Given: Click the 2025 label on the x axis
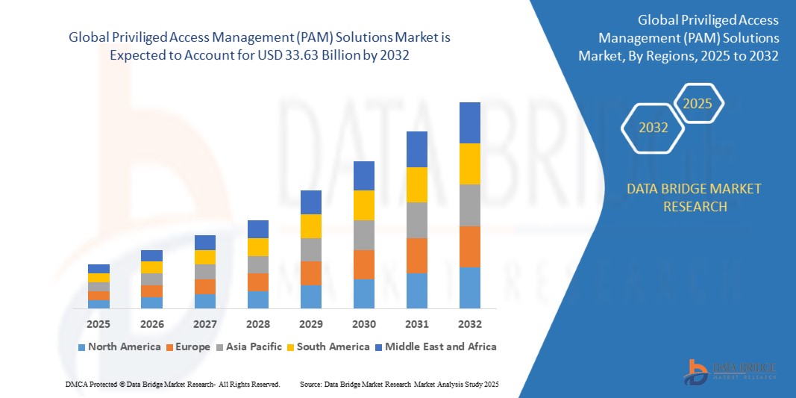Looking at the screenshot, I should click(98, 324).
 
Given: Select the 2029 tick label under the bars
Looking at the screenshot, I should click(311, 324).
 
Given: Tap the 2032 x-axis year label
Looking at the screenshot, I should click(470, 324).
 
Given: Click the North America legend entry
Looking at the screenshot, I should click(119, 346).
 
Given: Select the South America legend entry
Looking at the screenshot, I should click(328, 346).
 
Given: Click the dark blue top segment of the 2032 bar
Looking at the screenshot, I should click(470, 122).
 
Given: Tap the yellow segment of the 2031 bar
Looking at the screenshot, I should click(417, 184).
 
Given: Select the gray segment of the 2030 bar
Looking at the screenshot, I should click(364, 235).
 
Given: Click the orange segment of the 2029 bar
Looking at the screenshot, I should click(311, 273).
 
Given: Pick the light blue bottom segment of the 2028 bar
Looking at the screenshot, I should click(258, 299).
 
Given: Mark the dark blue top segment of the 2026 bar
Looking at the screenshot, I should click(151, 255).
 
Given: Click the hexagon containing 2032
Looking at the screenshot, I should click(654, 128).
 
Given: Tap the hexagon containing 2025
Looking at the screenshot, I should click(698, 104).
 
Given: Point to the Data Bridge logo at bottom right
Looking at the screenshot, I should click(731, 371).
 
